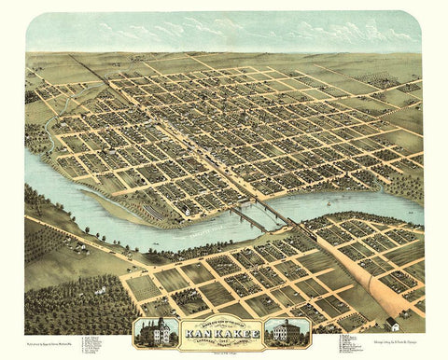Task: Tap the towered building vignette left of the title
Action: coord(155,330)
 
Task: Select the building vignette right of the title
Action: coord(284,330)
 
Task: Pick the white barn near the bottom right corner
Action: coord(393,324)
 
